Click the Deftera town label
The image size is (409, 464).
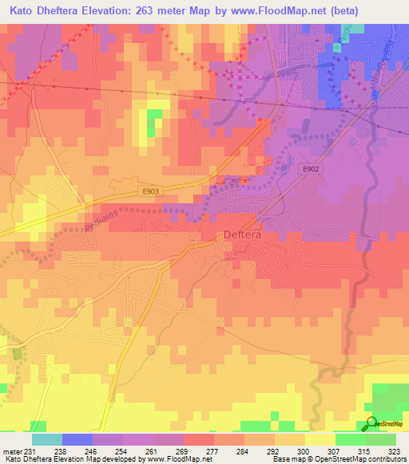pyautogui.click(x=240, y=235)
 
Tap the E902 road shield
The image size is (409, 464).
pyautogui.click(x=312, y=169)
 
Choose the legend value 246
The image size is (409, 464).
pyautogui.click(x=92, y=450)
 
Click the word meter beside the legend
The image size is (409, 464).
pyautogui.click(x=12, y=450)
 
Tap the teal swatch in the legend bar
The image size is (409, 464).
pyautogui.click(x=46, y=439)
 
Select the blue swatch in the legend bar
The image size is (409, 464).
pyautogui.click(x=77, y=439)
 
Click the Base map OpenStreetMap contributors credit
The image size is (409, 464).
pyautogui.click(x=339, y=459)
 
